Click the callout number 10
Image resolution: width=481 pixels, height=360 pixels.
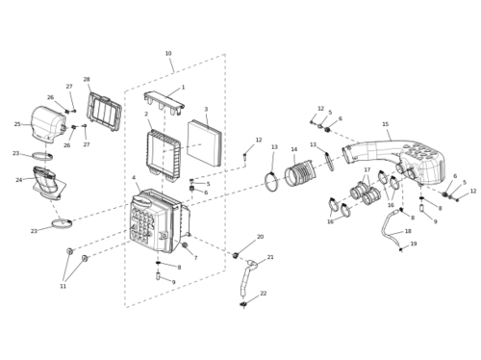(168, 54)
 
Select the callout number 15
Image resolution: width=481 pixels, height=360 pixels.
(386, 124)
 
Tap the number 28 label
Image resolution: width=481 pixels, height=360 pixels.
(87, 79)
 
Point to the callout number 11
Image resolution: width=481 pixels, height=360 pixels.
(63, 286)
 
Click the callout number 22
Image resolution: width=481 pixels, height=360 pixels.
(264, 294)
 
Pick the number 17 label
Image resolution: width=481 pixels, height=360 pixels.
(367, 169)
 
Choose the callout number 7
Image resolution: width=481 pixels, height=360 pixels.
(195, 258)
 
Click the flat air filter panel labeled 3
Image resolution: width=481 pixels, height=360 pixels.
(204, 142)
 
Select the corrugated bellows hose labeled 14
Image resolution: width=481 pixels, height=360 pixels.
(300, 173)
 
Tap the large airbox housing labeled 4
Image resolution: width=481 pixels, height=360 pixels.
(159, 219)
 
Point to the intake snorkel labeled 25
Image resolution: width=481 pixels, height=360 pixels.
(48, 123)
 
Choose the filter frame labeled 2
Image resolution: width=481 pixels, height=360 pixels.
(163, 155)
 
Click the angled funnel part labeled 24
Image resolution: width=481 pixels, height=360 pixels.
(48, 182)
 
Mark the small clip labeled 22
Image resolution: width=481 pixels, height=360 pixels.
(243, 304)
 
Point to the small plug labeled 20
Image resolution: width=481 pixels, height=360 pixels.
(236, 255)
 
